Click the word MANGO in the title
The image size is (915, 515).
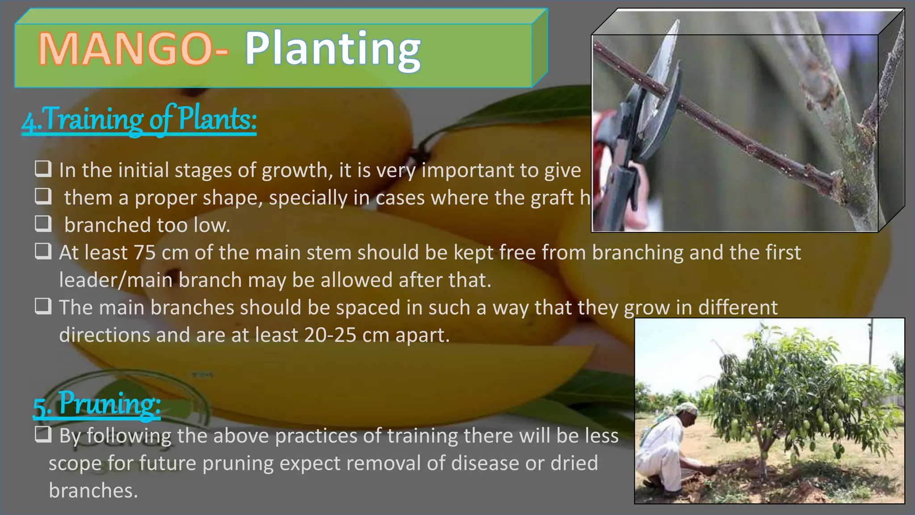tap(125, 49)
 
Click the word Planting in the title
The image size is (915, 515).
tap(332, 49)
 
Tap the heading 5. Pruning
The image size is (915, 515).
tap(97, 404)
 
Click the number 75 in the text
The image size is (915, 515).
tap(144, 253)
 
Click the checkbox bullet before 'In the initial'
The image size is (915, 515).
tap(43, 169)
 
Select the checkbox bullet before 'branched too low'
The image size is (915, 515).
tap(43, 224)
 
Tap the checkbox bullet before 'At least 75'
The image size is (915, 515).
tap(43, 252)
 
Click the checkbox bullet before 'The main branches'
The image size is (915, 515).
tap(43, 307)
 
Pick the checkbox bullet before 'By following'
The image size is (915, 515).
tap(43, 435)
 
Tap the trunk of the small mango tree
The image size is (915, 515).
tap(765, 460)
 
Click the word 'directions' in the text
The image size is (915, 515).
tap(104, 335)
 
